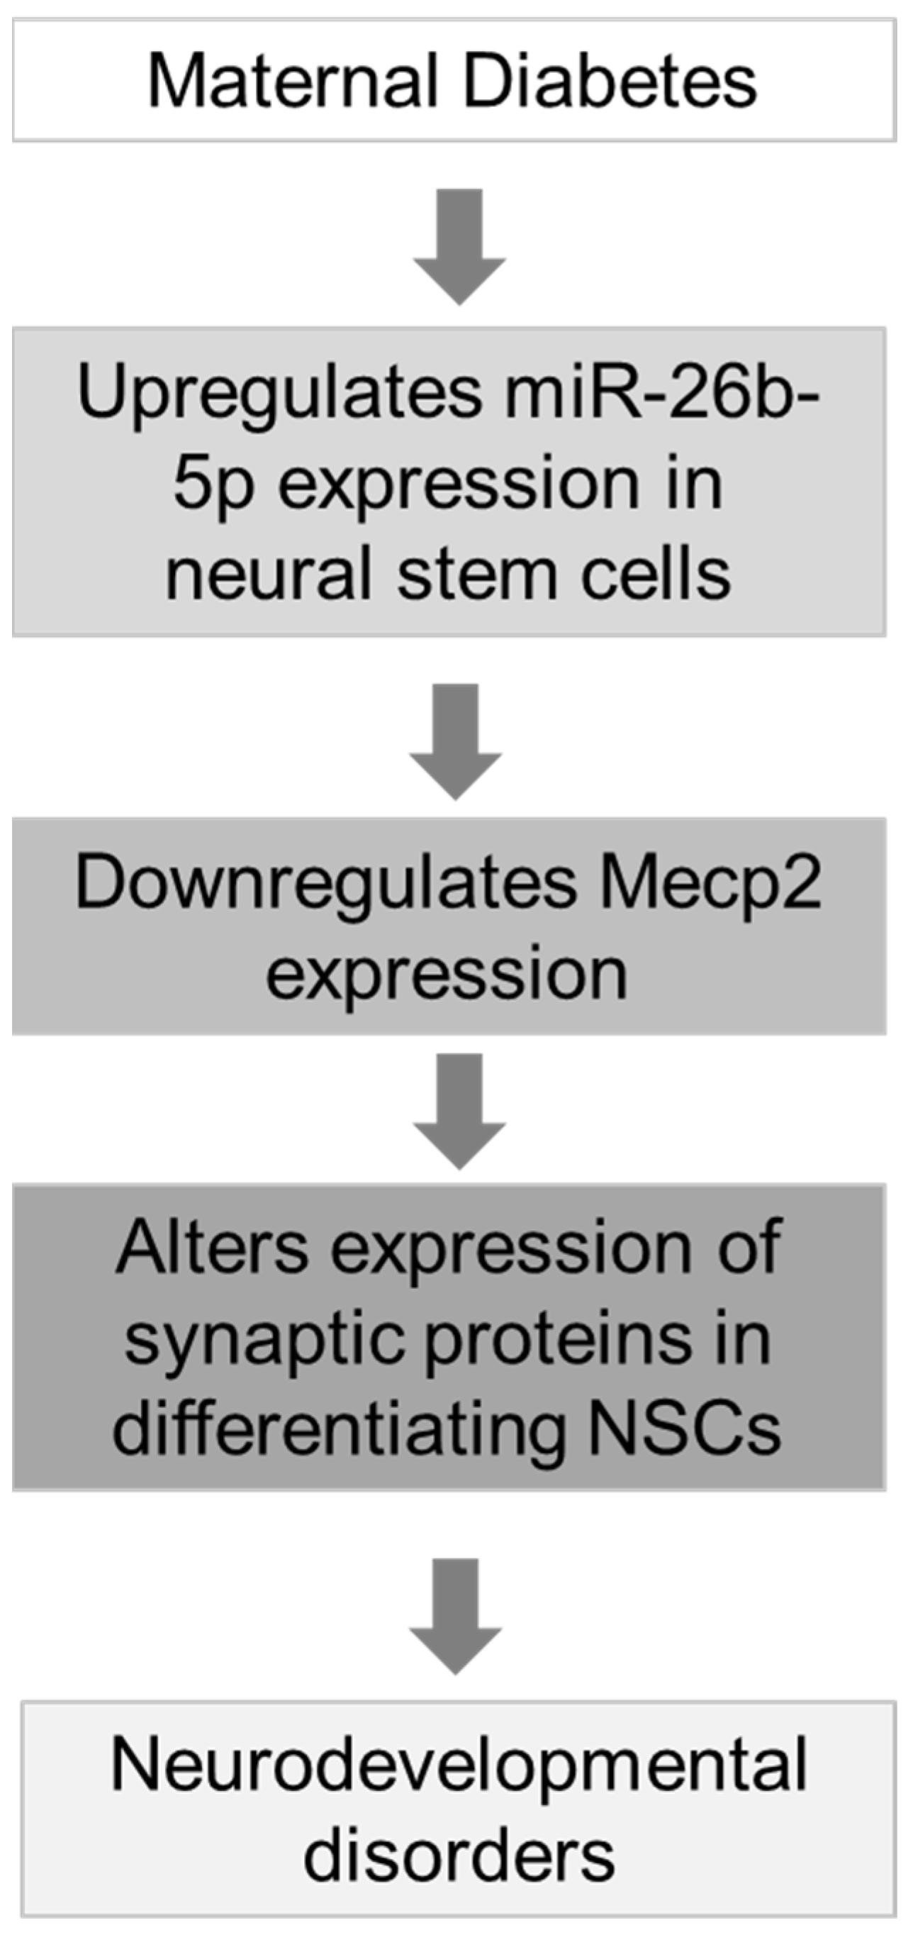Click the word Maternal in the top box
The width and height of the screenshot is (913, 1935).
click(x=293, y=81)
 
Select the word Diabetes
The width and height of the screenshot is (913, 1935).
click(x=610, y=81)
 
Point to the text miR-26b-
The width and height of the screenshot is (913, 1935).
click(x=661, y=393)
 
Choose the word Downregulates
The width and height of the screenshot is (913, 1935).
click(x=326, y=885)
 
